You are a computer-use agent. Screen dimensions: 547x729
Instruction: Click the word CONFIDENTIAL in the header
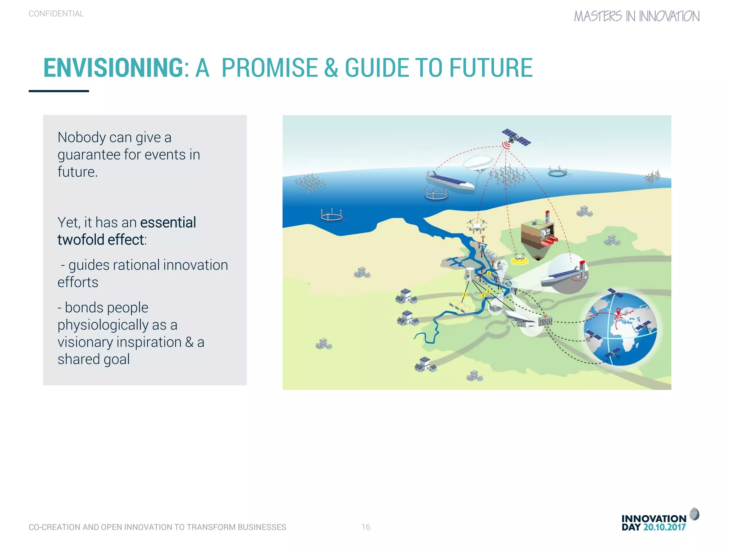point(56,14)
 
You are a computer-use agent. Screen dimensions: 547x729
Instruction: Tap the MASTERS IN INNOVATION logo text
point(636,16)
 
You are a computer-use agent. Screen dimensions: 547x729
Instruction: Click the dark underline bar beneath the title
point(59,91)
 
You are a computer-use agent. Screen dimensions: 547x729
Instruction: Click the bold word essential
point(168,223)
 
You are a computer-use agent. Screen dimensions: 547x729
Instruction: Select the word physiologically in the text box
point(103,325)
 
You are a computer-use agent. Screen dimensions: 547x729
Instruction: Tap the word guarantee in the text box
point(89,155)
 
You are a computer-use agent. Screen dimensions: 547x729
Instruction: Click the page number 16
point(366,527)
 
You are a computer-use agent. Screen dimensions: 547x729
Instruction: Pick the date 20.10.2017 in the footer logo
point(664,527)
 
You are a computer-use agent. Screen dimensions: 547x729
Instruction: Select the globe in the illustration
point(620,330)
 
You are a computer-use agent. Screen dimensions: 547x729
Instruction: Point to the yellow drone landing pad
point(520,260)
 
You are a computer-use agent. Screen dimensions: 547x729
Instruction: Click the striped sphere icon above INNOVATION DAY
point(694,514)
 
